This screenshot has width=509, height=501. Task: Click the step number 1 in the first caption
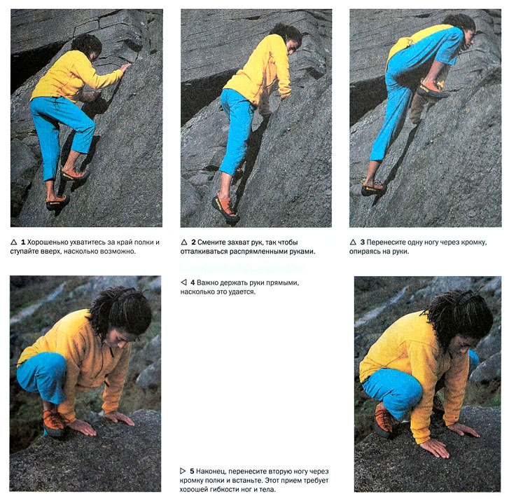23,242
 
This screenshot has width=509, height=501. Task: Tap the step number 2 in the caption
193,242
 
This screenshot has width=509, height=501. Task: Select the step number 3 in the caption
363,242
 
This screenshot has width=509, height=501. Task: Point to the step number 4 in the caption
193,282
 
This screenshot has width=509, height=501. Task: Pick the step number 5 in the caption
192,471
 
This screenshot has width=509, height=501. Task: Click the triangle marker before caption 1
13,242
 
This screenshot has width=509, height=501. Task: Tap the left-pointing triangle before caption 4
183,282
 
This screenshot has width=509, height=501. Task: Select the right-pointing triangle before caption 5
183,471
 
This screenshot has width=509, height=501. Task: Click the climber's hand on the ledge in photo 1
125,67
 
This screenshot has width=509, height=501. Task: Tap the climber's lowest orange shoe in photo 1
57,202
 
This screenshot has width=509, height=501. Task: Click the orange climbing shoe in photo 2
225,208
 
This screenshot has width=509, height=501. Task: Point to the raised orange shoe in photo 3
433,89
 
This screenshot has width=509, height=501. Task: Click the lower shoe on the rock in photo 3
372,188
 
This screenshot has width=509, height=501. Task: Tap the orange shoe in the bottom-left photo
54,423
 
